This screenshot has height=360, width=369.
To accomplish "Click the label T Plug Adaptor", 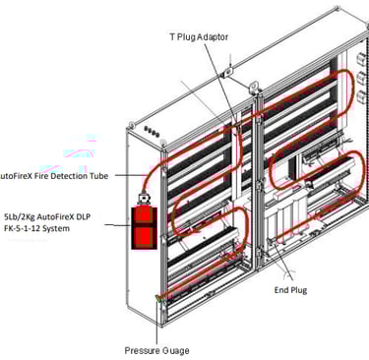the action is tap(199, 36).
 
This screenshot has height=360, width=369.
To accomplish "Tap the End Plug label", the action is tap(290, 290).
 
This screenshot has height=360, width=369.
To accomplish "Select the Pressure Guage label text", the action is tap(156, 351).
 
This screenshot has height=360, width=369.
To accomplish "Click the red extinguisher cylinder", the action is tap(145, 228).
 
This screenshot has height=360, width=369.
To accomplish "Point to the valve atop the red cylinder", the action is tap(144, 199).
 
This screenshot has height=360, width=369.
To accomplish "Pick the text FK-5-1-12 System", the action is tap(36, 228).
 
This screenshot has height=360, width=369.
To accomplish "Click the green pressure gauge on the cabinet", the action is tap(158, 298).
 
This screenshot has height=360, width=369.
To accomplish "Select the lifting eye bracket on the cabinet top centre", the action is tap(254, 87).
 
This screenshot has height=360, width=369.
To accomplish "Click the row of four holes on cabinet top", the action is tap(152, 132).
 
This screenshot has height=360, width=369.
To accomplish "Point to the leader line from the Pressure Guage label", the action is tap(156, 323).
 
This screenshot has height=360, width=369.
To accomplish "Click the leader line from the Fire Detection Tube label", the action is tap(130, 175).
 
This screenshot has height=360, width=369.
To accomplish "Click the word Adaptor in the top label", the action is tap(214, 37).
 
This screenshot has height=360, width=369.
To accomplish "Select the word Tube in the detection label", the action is tap(98, 176).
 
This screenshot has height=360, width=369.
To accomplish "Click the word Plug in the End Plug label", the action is tap(298, 290).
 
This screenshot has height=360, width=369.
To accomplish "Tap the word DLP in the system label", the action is tap(84, 216).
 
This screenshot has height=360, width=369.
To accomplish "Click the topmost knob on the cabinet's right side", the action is tap(360, 58).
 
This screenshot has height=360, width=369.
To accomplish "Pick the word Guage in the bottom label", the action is tap(176, 351).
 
